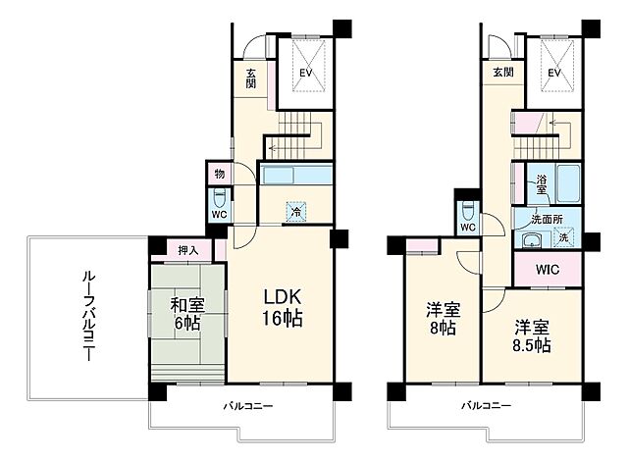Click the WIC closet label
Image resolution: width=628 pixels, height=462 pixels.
[548, 268]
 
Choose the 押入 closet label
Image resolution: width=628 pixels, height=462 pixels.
[188, 250]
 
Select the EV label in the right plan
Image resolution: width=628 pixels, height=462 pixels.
[553, 73]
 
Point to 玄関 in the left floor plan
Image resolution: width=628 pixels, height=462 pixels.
[252, 78]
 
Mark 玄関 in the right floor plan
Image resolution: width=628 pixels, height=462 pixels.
[502, 73]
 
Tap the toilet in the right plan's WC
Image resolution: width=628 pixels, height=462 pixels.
[469, 210]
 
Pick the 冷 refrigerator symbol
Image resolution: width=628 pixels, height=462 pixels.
[294, 209]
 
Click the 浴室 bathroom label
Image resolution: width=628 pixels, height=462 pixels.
[542, 182]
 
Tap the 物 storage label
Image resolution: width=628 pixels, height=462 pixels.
[220, 173]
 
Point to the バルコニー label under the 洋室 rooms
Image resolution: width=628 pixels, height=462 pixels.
[486, 406]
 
